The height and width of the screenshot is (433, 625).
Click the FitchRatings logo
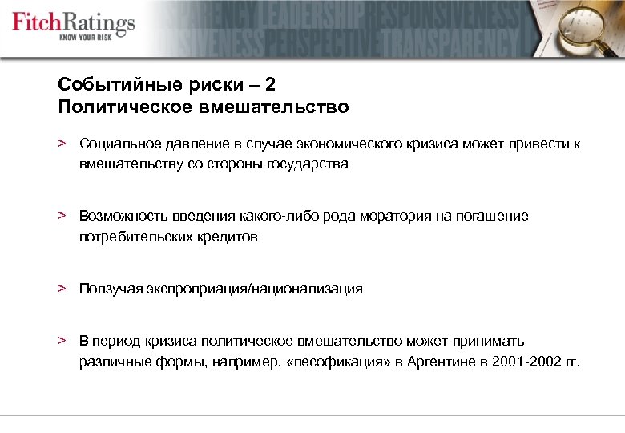pos(73,22)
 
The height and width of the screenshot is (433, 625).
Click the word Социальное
pos(118,144)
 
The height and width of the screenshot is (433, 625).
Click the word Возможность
pos(119,216)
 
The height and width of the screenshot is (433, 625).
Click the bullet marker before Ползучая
pos(61,288)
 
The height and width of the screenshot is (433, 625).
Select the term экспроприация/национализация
pos(264,289)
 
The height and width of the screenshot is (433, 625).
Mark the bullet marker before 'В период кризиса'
pos(61,340)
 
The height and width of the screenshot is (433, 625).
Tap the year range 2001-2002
pos(522,362)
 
